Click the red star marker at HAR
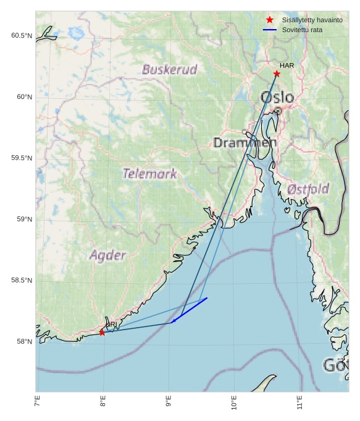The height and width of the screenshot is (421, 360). [277, 74]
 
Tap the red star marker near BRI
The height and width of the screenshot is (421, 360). [102, 333]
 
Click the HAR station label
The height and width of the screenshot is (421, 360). [287, 66]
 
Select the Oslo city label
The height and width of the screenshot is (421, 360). [277, 97]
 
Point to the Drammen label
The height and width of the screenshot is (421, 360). [245, 143]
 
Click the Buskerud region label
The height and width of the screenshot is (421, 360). [169, 69]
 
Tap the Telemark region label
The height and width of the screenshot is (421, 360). [149, 174]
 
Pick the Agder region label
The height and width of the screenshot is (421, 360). [108, 255]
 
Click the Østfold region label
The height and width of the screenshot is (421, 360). [308, 189]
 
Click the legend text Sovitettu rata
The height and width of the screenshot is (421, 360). [302, 30]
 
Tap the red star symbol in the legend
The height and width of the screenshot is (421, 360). [269, 20]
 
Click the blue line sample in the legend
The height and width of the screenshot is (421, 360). [269, 30]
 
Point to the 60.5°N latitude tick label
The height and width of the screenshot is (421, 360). [21, 36]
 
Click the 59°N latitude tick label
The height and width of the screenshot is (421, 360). [24, 219]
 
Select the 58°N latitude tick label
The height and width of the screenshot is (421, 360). [24, 342]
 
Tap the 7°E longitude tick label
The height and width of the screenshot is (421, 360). [38, 403]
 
